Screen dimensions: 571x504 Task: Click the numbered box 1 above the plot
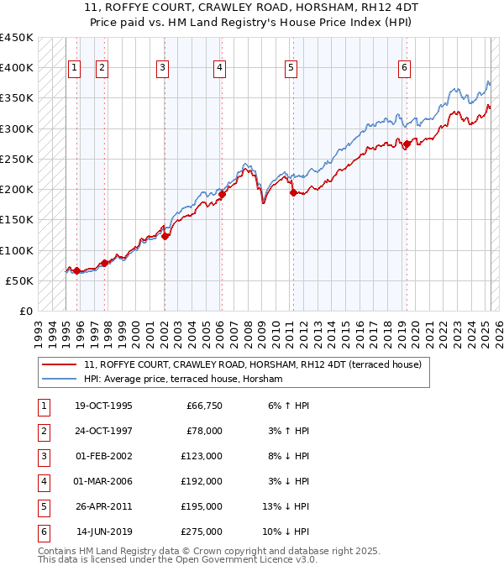[74, 69]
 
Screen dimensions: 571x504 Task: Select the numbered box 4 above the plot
[218, 69]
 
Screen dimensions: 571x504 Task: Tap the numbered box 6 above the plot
[404, 69]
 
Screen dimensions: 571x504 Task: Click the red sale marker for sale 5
[293, 192]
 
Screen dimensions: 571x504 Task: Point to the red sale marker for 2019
[407, 144]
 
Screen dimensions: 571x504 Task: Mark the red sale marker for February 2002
[165, 236]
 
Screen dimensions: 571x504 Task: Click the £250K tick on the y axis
[17, 159]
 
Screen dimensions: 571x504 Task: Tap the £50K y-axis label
[19, 280]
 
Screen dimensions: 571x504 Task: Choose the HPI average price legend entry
[183, 379]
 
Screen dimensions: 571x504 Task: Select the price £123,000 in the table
[202, 456]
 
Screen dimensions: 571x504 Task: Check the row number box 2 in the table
[43, 431]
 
